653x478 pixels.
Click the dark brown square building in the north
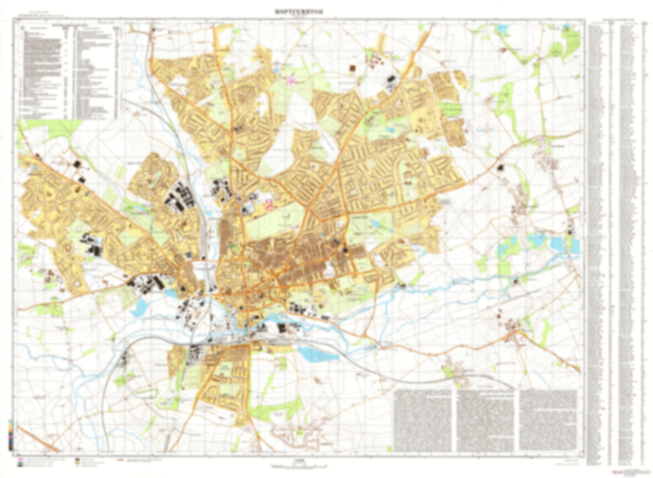point(352,68)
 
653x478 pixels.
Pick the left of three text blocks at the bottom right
point(423,420)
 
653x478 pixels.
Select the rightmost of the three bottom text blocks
point(548,420)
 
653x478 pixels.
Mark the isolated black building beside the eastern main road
point(500,168)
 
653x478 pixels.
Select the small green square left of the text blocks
point(299,433)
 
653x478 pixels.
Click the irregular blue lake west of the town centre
point(139,308)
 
